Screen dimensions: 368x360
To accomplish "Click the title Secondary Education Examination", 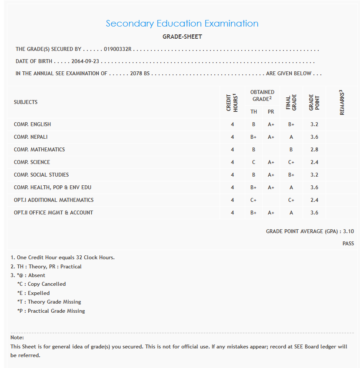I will (182, 23).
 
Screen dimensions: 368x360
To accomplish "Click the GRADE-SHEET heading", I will (182, 37).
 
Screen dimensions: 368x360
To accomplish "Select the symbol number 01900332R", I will (117, 50).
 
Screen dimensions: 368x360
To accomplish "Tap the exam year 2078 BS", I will (140, 74).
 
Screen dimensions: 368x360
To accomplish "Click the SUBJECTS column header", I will (26, 102).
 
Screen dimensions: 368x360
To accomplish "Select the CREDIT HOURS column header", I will (232, 103).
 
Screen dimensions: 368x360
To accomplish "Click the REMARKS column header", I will (342, 103).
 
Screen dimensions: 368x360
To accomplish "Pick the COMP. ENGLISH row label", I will (32, 124).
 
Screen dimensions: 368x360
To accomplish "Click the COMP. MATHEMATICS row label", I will (39, 150).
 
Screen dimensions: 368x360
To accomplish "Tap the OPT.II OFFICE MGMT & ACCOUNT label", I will (53, 213).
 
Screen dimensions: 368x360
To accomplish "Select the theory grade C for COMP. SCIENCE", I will (253, 162).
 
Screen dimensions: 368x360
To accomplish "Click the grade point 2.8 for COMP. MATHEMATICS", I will (314, 150).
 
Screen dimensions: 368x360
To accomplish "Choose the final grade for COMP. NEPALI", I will (291, 137).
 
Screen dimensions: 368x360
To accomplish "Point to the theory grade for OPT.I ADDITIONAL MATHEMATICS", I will (253, 200).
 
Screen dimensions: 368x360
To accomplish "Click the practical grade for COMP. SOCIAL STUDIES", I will (271, 175).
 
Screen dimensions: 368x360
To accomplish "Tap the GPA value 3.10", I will (348, 232).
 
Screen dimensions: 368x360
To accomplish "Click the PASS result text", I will (348, 244).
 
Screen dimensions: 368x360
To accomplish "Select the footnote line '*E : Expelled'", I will (33, 293).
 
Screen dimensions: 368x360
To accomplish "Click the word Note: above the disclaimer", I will (17, 338).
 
